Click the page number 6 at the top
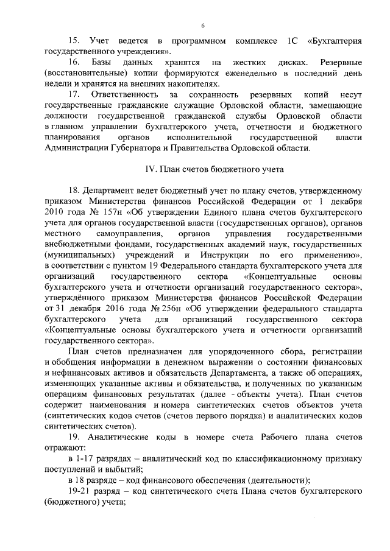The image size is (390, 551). pos(203,24)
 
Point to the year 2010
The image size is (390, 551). pos(57,211)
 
